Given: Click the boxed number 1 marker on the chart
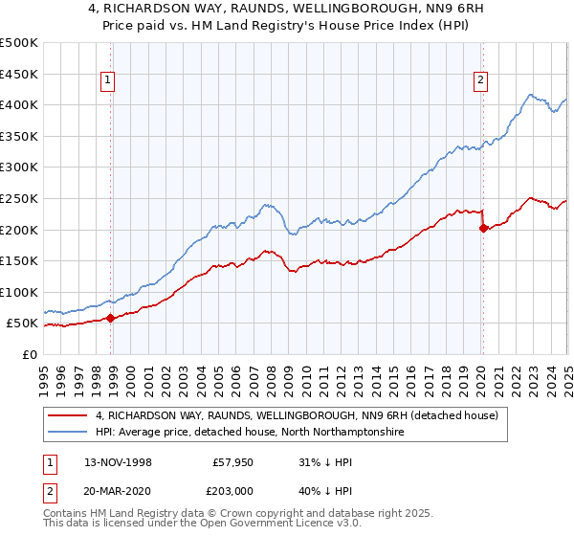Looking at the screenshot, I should click(x=110, y=81).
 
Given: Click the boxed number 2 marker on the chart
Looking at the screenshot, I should click(x=479, y=81).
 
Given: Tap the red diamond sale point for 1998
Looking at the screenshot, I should click(x=111, y=319).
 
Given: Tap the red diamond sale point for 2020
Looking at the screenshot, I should click(x=483, y=228).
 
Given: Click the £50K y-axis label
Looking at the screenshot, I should click(x=23, y=324).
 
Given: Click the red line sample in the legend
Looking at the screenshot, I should click(x=68, y=416).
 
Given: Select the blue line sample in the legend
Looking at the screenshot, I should click(x=68, y=433).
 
